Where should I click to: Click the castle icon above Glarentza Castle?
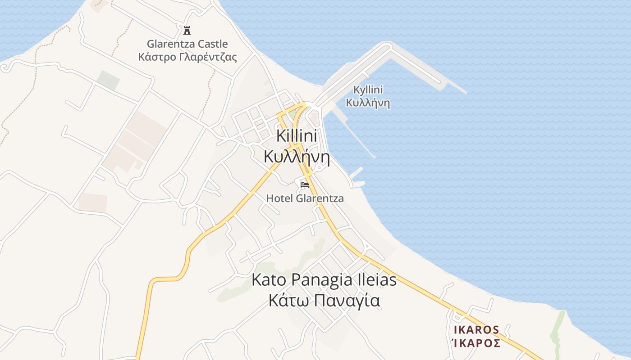(x=187, y=31)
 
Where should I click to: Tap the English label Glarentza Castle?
(x=187, y=44)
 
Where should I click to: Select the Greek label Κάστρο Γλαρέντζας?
(x=187, y=57)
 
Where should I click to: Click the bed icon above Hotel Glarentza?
(x=305, y=184)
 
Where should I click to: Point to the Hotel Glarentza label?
(x=305, y=198)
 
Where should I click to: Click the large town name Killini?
(x=297, y=136)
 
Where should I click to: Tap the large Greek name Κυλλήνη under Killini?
(x=297, y=157)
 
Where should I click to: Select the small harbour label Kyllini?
(x=368, y=90)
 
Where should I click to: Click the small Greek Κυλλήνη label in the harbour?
(x=368, y=103)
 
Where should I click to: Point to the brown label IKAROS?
(x=476, y=330)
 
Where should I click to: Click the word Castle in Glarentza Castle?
(x=212, y=44)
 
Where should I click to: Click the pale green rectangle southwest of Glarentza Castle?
(x=108, y=80)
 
